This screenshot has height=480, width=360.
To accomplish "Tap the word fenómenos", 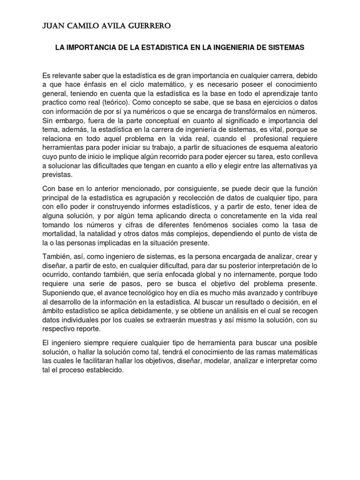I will (x=218, y=225).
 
